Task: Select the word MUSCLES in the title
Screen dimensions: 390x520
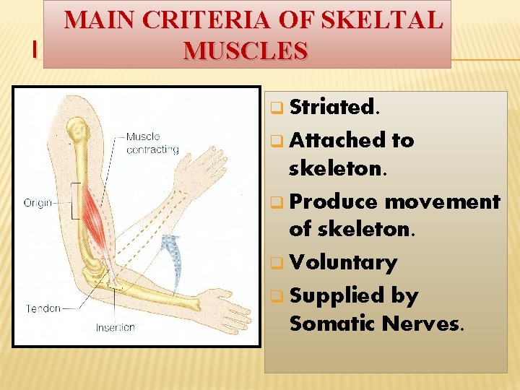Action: (x=246, y=51)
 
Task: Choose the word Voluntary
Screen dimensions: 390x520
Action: (x=343, y=262)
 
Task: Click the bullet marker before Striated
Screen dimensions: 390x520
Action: (x=275, y=109)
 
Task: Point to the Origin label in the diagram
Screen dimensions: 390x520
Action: (x=38, y=203)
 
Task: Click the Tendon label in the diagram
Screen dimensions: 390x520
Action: (x=42, y=308)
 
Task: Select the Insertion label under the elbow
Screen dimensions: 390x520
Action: (x=116, y=327)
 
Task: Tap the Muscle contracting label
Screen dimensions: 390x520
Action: (x=152, y=143)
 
